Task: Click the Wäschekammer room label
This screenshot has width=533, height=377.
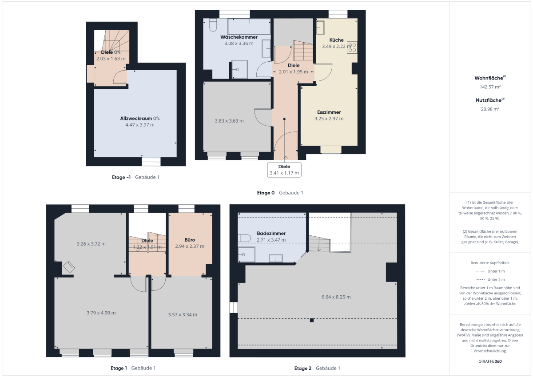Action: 239,37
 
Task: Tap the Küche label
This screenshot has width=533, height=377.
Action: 337,40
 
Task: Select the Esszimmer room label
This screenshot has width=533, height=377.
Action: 329,112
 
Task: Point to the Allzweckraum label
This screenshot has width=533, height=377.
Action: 136,119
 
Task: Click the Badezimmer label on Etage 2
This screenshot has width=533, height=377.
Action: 271,233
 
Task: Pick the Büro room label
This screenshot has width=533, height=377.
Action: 190,240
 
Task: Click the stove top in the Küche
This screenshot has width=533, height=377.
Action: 352,48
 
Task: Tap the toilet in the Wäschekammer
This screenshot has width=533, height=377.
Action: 213,25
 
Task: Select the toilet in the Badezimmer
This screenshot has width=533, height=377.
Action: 244,238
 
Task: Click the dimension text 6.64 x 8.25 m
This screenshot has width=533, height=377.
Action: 336,297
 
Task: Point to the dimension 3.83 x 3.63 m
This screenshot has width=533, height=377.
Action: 229,121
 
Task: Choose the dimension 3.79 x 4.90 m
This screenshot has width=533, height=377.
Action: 101,313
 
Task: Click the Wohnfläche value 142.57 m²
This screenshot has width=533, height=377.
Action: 490,87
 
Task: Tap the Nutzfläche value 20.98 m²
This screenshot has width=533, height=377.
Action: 490,109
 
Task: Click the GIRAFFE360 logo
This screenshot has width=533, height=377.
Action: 490,361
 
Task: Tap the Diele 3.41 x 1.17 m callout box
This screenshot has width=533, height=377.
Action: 284,170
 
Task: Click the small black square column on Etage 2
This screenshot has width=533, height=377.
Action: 312,320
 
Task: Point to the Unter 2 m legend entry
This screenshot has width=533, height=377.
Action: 490,279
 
